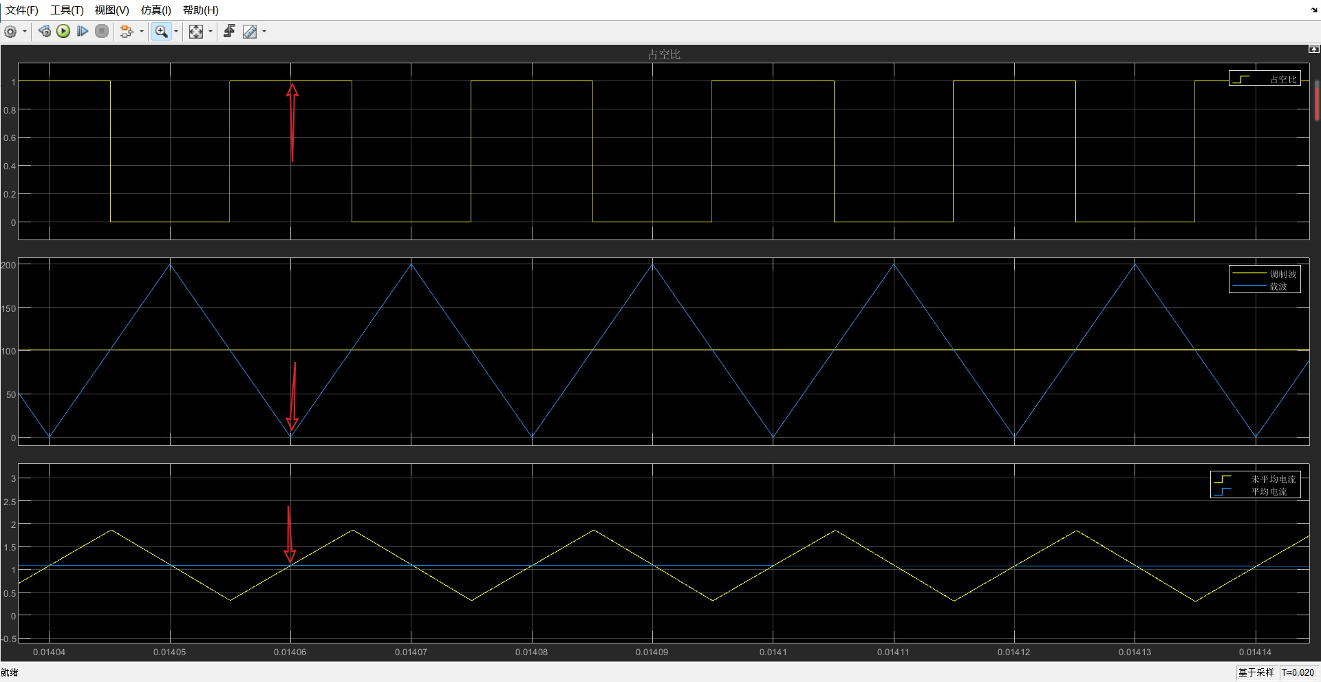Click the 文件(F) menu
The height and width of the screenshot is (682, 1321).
tap(22, 10)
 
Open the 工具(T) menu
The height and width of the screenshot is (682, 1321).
tap(67, 10)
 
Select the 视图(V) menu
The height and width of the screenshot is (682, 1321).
tap(111, 10)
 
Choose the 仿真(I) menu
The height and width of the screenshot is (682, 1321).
tap(155, 10)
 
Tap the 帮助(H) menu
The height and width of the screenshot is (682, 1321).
tap(200, 10)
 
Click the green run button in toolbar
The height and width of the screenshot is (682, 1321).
tap(63, 31)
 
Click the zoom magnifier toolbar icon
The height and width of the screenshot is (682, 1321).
tap(161, 32)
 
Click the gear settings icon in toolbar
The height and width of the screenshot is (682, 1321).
tap(10, 32)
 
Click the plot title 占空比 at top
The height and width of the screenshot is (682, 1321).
tap(663, 54)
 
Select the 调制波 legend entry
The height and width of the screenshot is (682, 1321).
tap(1282, 274)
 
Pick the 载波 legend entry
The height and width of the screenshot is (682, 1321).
tap(1278, 286)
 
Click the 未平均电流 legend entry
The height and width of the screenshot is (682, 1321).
tap(1273, 479)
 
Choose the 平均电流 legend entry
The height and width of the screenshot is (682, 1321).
tap(1269, 491)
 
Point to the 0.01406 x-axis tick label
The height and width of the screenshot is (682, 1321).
tap(290, 652)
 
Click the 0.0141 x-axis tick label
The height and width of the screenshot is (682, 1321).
tap(773, 652)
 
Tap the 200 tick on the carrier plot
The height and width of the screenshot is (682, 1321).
tap(8, 265)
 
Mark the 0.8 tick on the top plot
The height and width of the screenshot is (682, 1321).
tap(10, 110)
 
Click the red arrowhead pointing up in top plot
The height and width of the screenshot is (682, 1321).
tap(292, 89)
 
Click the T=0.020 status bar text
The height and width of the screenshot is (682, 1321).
tap(1298, 672)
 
